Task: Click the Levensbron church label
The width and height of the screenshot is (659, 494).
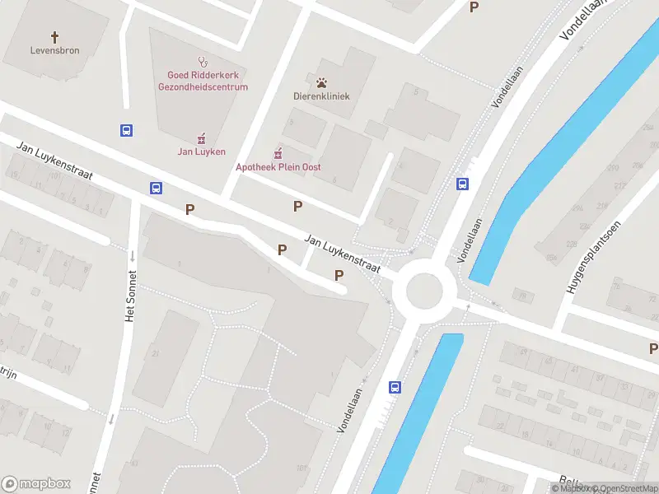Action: tap(55, 51)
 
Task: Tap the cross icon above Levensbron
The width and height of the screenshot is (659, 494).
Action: tap(55, 37)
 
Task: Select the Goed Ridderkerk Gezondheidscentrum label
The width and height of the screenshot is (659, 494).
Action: tap(202, 81)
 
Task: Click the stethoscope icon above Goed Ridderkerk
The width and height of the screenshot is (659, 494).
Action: tap(202, 61)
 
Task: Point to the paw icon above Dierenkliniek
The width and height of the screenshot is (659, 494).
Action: tap(321, 82)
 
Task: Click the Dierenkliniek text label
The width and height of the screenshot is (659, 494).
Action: tap(321, 96)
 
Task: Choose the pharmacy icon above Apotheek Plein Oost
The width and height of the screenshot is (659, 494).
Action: tap(278, 153)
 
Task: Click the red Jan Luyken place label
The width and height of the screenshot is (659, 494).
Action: tap(201, 151)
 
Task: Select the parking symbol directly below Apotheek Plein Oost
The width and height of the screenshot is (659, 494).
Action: tap(297, 207)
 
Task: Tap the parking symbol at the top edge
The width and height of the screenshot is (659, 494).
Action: tap(474, 7)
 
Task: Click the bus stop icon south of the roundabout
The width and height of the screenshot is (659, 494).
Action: tap(395, 387)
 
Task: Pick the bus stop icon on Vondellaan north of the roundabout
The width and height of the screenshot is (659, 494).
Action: tap(463, 184)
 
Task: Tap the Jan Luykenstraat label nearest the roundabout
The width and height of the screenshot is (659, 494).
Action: tap(342, 254)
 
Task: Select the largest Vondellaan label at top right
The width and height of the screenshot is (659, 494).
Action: tap(583, 20)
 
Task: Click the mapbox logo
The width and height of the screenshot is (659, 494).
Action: tap(36, 484)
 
